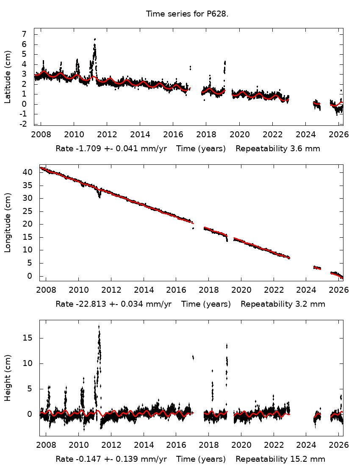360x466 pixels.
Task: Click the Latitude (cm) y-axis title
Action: click(x=8, y=77)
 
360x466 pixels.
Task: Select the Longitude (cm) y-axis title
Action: click(x=8, y=223)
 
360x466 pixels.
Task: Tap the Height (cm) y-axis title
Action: click(x=8, y=378)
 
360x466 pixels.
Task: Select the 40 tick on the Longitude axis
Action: click(x=28, y=172)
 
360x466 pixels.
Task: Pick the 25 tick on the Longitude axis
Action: click(x=28, y=211)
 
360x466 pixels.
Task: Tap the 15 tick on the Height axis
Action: click(x=28, y=338)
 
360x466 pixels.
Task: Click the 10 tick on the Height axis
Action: click(x=28, y=363)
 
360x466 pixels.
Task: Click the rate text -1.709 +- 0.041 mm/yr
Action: click(x=113, y=149)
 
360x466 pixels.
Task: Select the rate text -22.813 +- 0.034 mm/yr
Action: click(x=113, y=304)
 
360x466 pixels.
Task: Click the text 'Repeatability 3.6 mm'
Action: click(x=278, y=149)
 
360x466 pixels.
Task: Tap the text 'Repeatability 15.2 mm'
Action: click(x=280, y=459)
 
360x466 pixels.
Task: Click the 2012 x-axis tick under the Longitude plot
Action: click(x=111, y=290)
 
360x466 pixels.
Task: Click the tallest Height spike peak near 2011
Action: click(x=99, y=326)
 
